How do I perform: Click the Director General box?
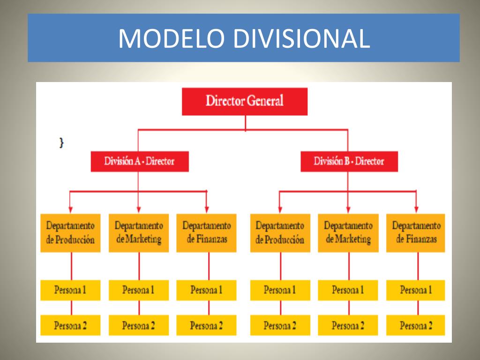[245, 101]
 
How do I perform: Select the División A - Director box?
[139, 161]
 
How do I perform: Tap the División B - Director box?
[349, 161]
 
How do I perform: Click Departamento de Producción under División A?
[70, 233]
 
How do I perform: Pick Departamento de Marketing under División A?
[139, 233]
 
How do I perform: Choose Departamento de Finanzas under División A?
[207, 233]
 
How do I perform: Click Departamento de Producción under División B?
[280, 233]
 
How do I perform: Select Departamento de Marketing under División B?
[348, 233]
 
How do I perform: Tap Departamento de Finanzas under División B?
[416, 233]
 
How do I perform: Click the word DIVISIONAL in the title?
[301, 38]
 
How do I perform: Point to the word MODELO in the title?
[171, 38]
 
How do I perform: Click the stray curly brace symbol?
[61, 142]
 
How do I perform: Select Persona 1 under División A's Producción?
[70, 290]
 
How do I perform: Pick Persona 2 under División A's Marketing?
[139, 325]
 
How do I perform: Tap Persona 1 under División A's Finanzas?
[207, 290]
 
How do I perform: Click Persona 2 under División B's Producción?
[280, 325]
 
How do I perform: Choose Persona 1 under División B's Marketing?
[348, 290]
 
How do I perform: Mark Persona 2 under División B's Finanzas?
[416, 325]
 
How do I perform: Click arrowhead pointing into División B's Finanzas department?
[416, 209]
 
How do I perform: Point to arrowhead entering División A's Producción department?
[70, 209]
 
